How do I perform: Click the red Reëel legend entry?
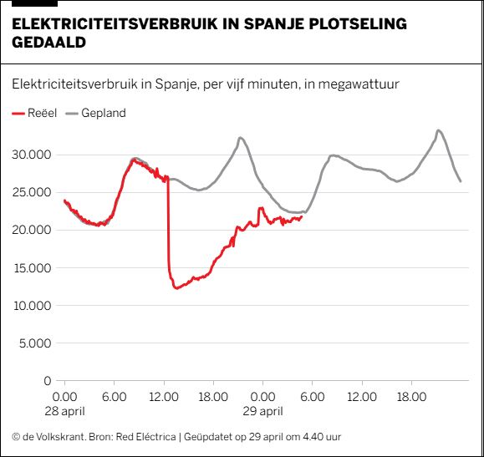pyautogui.click(x=35, y=113)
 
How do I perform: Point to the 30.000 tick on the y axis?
pyautogui.click(x=31, y=155)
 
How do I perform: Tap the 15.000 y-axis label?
pyautogui.click(x=31, y=268)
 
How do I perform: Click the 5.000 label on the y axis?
pyautogui.click(x=33, y=343)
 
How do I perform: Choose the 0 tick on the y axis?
pyautogui.click(x=48, y=381)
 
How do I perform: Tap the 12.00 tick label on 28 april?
pyautogui.click(x=164, y=397)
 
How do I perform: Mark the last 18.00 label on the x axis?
pyautogui.click(x=410, y=397)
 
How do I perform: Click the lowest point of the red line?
pyautogui.click(x=176, y=288)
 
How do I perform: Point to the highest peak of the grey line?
pyautogui.click(x=439, y=130)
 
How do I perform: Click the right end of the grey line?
pyautogui.click(x=460, y=181)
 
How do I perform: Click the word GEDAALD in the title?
pyautogui.click(x=48, y=42)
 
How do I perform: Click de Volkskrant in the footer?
pyautogui.click(x=50, y=437)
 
